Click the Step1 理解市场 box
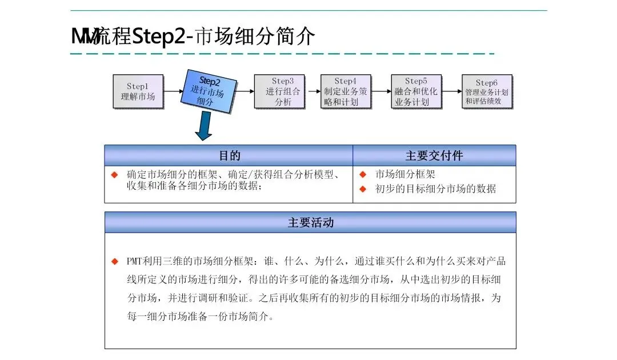coord(138,91)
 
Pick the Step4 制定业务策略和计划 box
coord(346,91)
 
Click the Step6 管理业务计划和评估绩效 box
coord(486,91)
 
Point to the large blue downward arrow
coord(203,126)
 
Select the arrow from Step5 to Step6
coord(452,91)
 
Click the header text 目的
coord(229,155)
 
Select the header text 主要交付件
coord(434,155)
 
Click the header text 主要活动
coord(310,222)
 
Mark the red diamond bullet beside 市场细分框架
coord(362,174)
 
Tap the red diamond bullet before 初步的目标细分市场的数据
coord(362,189)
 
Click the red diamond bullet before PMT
coord(114,261)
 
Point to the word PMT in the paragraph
coord(135,261)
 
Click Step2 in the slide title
coord(159,37)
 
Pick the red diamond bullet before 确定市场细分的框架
coord(114,174)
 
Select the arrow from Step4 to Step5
coord(382,91)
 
